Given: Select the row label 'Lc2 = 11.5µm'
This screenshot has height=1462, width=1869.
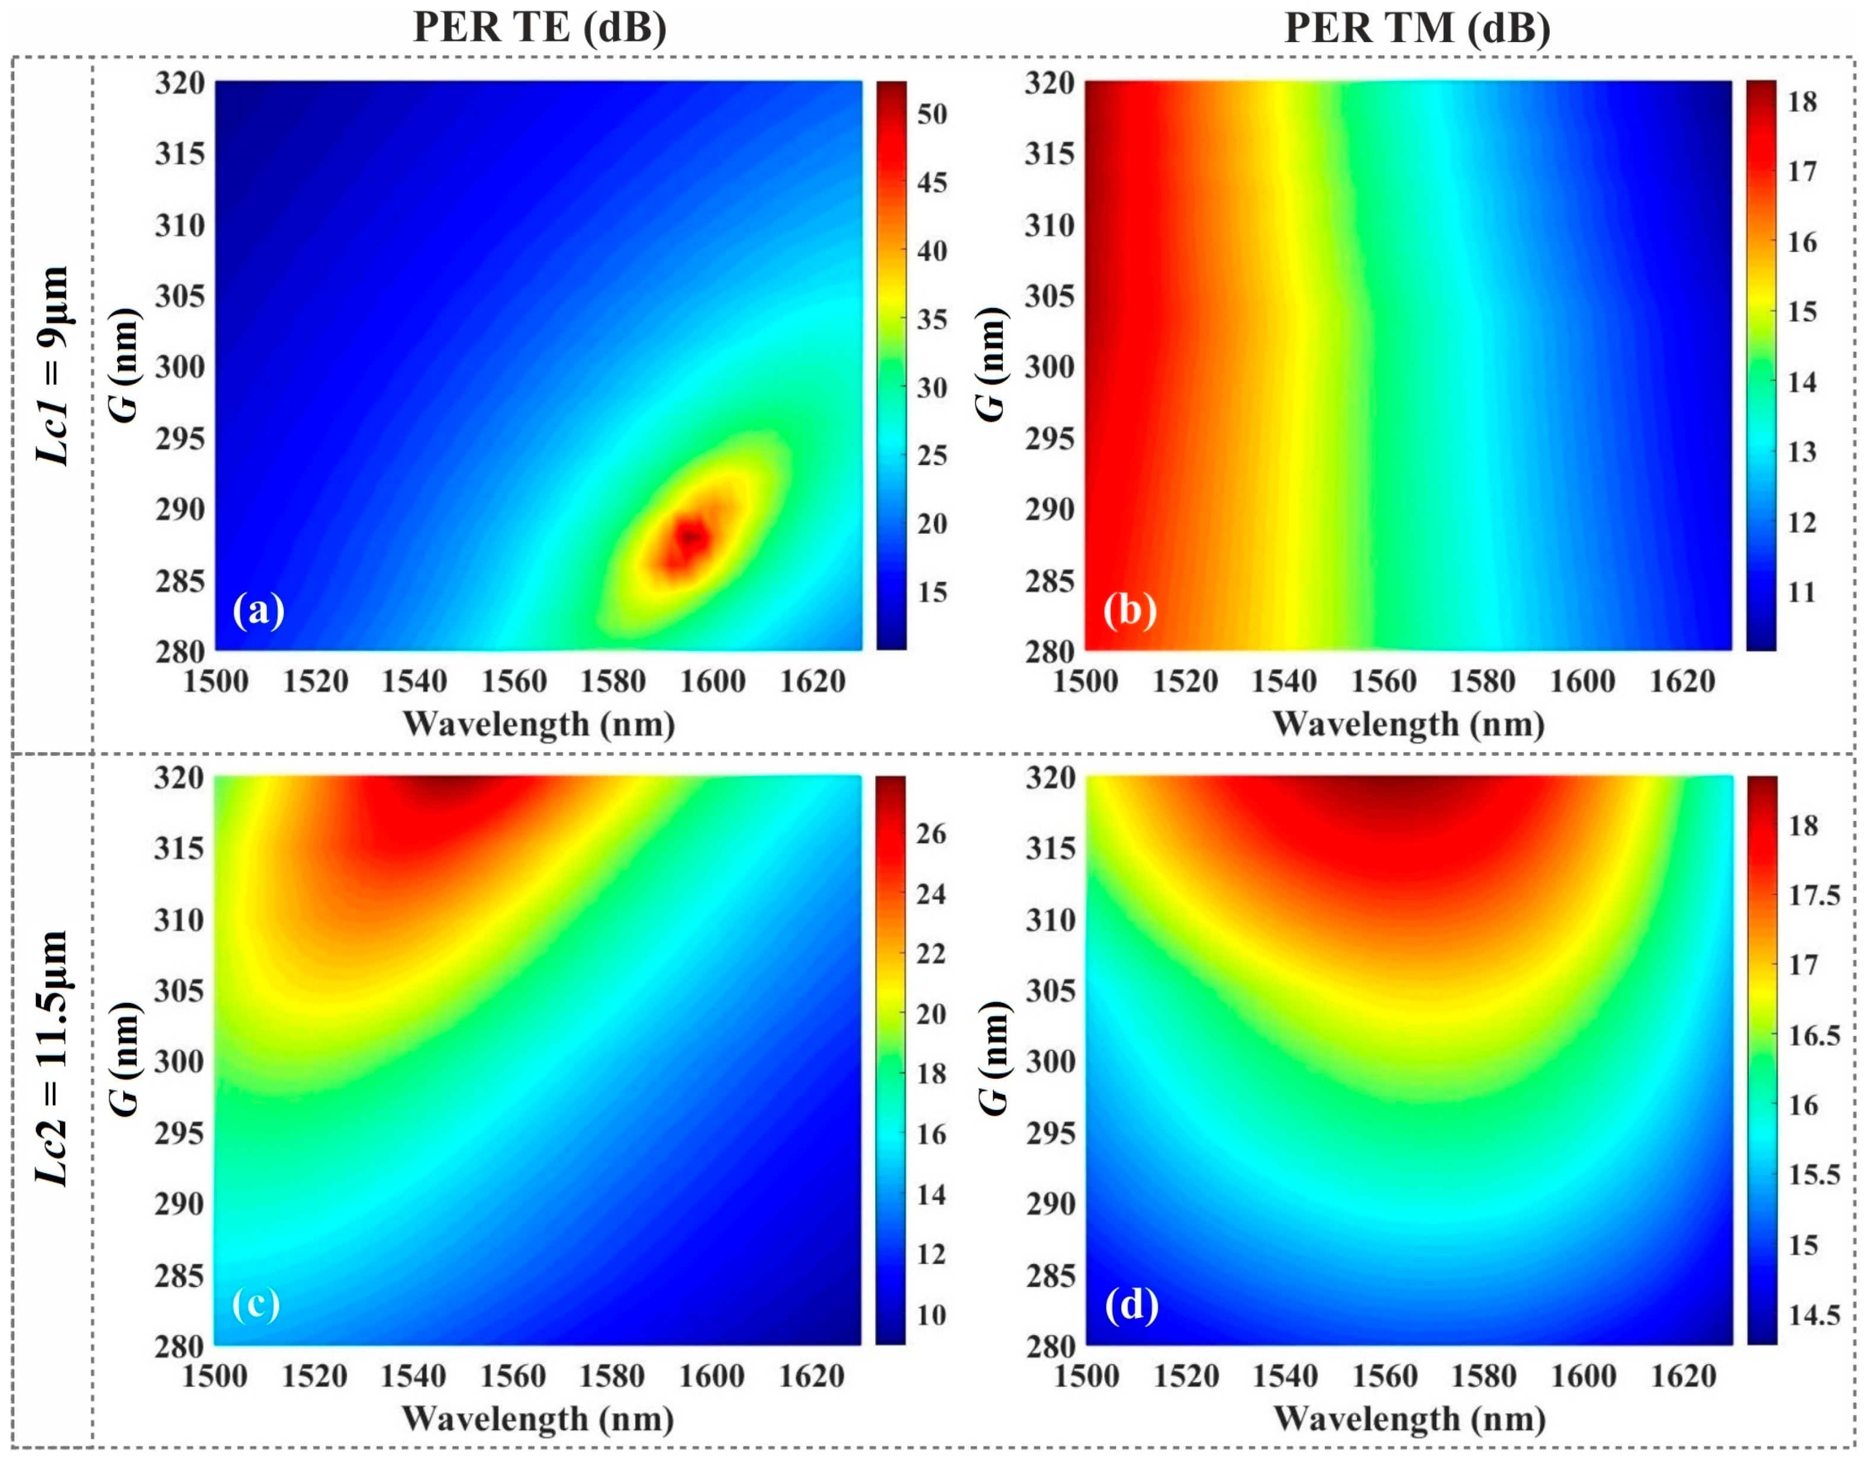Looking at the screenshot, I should pos(53,1059).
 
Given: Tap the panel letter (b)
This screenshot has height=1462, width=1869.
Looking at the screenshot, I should pos(1129,610).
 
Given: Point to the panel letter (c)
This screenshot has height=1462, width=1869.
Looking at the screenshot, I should pos(255,1304).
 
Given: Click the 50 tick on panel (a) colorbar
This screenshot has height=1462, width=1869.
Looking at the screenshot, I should pos(932,114).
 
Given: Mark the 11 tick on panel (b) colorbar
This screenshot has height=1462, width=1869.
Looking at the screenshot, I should pos(1801,593).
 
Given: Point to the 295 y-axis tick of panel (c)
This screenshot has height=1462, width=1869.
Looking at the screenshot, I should pos(179,1133).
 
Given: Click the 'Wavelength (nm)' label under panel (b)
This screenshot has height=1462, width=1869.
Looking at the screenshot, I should pos(1409,724).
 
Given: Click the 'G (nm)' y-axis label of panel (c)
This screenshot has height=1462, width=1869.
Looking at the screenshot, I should pos(126,1059).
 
